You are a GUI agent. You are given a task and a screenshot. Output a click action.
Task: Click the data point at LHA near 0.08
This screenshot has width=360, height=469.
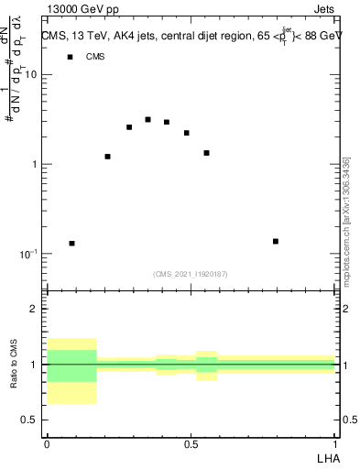pos(71,244)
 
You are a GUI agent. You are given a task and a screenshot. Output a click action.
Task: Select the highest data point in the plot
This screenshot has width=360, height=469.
pos(147,119)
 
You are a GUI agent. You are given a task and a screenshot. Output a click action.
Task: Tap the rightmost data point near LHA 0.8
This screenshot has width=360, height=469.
pos(276,241)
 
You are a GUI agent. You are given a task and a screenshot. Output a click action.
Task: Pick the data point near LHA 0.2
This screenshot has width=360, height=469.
pos(107,157)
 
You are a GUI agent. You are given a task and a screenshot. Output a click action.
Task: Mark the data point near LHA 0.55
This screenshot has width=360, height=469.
pos(207,153)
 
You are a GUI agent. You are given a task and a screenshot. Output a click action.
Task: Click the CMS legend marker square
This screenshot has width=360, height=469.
pos(70,57)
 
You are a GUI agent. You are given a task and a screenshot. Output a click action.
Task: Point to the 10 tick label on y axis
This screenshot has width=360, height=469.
pos(30,75)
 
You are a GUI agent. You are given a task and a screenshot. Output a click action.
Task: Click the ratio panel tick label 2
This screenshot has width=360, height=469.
pos(34,309)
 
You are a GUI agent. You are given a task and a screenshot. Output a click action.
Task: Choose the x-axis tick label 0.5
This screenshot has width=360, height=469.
pos(191,443)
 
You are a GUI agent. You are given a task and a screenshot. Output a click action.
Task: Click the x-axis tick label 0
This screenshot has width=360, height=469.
pos(47,443)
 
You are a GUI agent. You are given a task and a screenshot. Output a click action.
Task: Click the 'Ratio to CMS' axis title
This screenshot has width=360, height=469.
pos(15,365)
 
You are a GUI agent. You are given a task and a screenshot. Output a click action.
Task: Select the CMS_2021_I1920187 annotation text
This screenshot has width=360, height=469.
pos(191,274)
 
